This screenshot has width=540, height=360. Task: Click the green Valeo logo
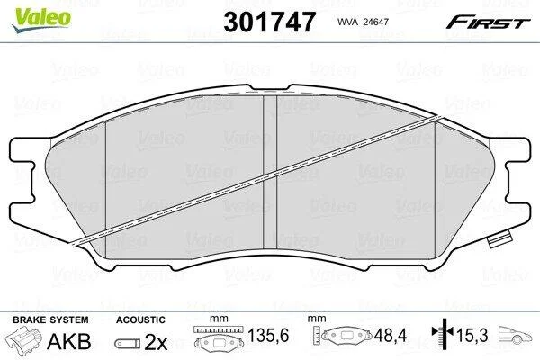[41, 20]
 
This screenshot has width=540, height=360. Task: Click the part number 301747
[269, 22]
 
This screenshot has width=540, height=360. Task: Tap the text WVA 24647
[363, 22]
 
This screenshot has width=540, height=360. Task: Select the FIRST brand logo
[488, 22]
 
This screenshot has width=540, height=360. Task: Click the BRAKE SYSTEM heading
[50, 319]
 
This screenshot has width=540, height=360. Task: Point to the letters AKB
[69, 341]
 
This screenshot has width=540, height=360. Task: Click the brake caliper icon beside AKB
[23, 339]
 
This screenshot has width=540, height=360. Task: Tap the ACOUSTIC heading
[140, 319]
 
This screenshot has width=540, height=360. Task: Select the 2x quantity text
[156, 342]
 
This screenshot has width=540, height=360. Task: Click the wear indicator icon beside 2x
[128, 344]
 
